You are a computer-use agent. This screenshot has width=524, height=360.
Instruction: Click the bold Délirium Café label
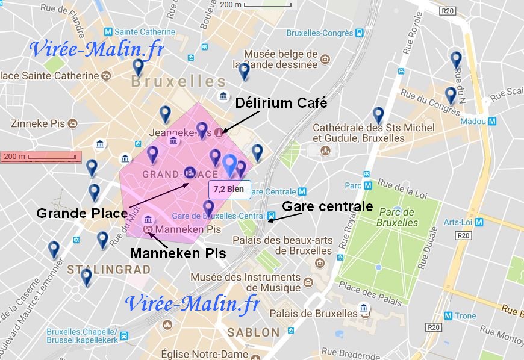click(x=281, y=103)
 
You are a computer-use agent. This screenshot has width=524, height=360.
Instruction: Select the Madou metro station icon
click(x=493, y=121)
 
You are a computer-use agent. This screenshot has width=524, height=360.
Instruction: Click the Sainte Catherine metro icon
click(x=108, y=32)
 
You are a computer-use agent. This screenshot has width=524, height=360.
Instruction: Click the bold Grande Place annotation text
click(x=81, y=213)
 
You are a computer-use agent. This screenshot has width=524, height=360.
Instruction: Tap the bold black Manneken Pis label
click(x=178, y=253)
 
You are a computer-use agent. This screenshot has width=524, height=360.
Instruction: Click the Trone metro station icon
click(x=448, y=315)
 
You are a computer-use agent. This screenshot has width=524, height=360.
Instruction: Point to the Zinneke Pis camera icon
click(x=73, y=124)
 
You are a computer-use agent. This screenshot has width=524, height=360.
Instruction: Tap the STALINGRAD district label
click(x=108, y=269)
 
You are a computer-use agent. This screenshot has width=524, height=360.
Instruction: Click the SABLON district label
click(x=254, y=332)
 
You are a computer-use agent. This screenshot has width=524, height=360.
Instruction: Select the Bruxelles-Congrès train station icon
click(x=359, y=33)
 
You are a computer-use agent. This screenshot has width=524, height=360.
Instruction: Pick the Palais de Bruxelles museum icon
click(x=364, y=311)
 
